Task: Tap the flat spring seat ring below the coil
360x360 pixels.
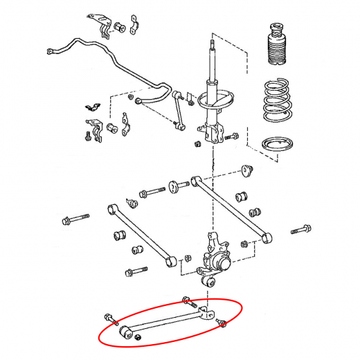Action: (280, 145)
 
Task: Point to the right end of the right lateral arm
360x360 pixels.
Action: (269, 238)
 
